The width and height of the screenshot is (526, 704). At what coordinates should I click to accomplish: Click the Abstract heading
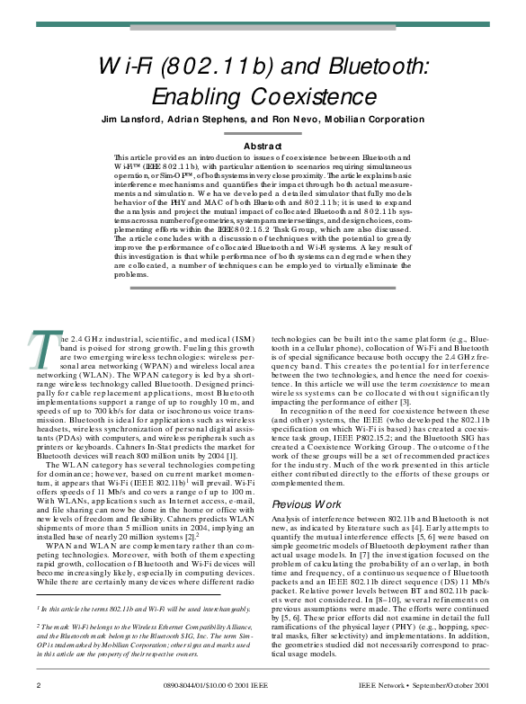click(263, 146)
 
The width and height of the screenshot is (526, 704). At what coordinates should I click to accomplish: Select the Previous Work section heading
click(307, 504)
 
